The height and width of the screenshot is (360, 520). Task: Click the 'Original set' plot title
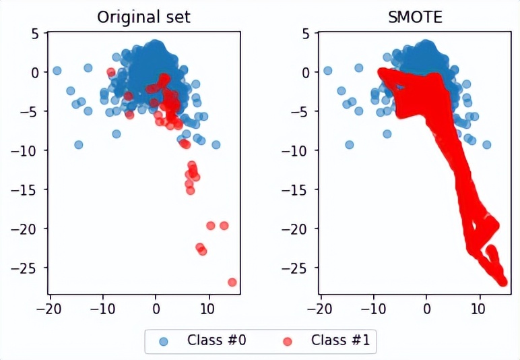143,16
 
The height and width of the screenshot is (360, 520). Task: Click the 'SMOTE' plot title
415,16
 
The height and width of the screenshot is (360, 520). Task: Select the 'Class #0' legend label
216,340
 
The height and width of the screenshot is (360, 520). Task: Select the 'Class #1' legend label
340,340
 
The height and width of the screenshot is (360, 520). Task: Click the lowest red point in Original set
232,282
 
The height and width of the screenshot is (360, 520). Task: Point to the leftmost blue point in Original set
57,70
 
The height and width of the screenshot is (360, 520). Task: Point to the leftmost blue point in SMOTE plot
328,70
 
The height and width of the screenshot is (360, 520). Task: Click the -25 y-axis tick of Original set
30,268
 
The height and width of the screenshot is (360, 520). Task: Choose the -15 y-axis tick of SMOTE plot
301,189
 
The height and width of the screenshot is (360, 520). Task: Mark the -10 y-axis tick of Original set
30,150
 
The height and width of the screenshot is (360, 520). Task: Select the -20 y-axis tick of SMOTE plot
301,229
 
